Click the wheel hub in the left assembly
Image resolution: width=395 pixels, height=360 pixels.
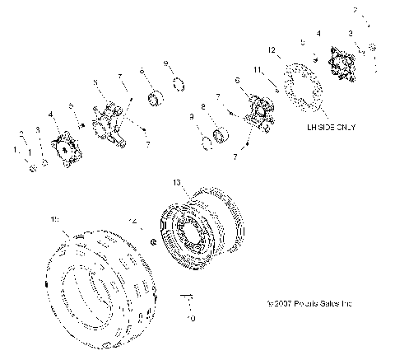tap(63, 152)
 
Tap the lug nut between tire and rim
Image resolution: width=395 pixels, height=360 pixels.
tap(155, 241)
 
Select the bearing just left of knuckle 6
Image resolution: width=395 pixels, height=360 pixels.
tap(221, 134)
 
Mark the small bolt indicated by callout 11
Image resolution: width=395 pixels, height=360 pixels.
tap(276, 93)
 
